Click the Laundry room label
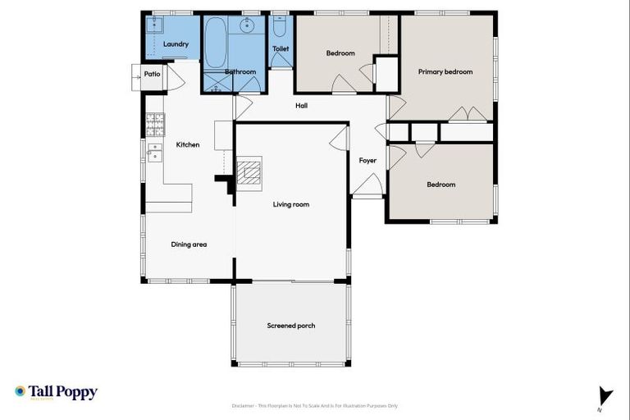pyautogui.click(x=176, y=43)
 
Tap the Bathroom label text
pyautogui.click(x=240, y=72)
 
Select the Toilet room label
pyautogui.click(x=281, y=48)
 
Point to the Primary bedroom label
pyautogui.click(x=445, y=71)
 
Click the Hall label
pyautogui.click(x=301, y=105)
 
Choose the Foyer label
pyautogui.click(x=367, y=160)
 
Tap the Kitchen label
pyautogui.click(x=188, y=145)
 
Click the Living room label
pyautogui.click(x=291, y=203)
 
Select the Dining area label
pyautogui.click(x=189, y=244)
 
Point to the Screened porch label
pyautogui.click(x=291, y=326)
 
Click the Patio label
pyautogui.click(x=152, y=74)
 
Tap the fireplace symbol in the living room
pyautogui.click(x=249, y=173)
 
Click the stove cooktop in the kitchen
pyautogui.click(x=155, y=124)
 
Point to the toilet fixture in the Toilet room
pyautogui.click(x=280, y=28)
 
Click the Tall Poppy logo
pyautogui.click(x=56, y=392)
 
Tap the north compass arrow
pyautogui.click(x=605, y=396)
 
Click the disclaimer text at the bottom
pyautogui.click(x=315, y=405)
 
